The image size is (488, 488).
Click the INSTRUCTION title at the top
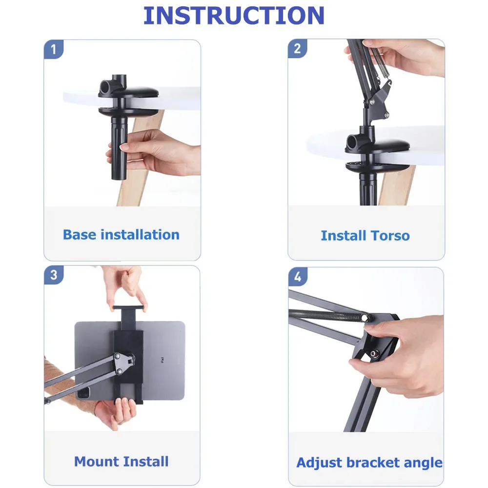pyautogui.click(x=234, y=16)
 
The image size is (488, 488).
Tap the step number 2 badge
pyautogui.click(x=297, y=49)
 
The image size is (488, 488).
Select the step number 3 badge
pyautogui.click(x=54, y=275)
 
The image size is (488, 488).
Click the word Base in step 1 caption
pyautogui.click(x=80, y=235)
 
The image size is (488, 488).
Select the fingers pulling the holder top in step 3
pyautogui.click(x=126, y=288)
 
